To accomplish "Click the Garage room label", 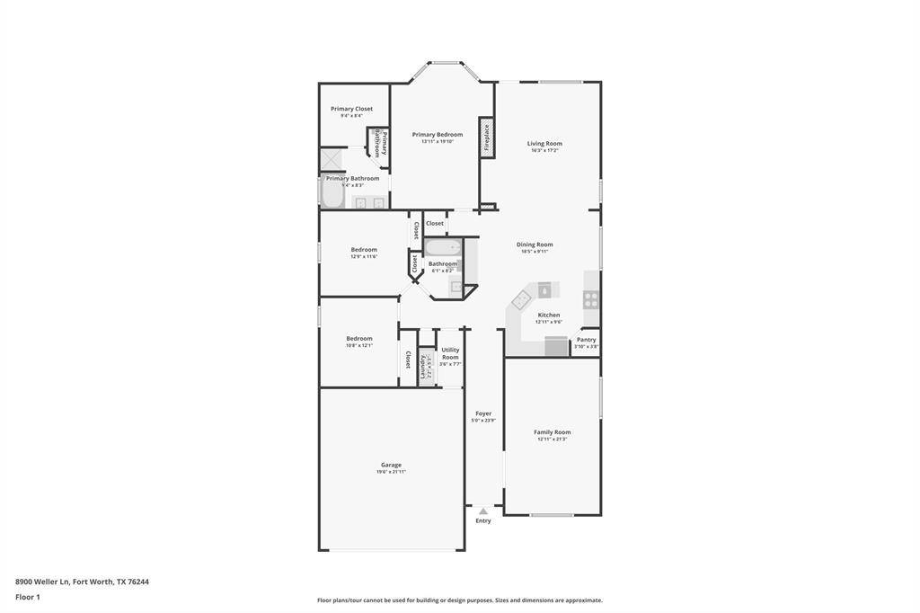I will tap(391, 465).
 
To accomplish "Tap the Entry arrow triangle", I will tap(483, 511).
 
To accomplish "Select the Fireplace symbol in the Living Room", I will tap(486, 138).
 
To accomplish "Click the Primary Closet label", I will tap(351, 109).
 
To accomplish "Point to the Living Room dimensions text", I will tap(544, 151).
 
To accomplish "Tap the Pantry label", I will tap(586, 340).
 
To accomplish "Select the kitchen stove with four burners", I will tap(591, 299).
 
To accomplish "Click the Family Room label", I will tap(553, 432).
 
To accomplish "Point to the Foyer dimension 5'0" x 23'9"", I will tap(483, 421).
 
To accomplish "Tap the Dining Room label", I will tap(535, 244).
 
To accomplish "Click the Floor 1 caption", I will tap(28, 597).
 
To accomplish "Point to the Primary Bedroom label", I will tap(438, 135).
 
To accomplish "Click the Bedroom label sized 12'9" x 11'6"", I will tap(364, 250).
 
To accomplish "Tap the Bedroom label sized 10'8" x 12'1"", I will tap(359, 339).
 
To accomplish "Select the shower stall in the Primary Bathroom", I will tap(332, 159).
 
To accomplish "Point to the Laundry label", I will tap(424, 367).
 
